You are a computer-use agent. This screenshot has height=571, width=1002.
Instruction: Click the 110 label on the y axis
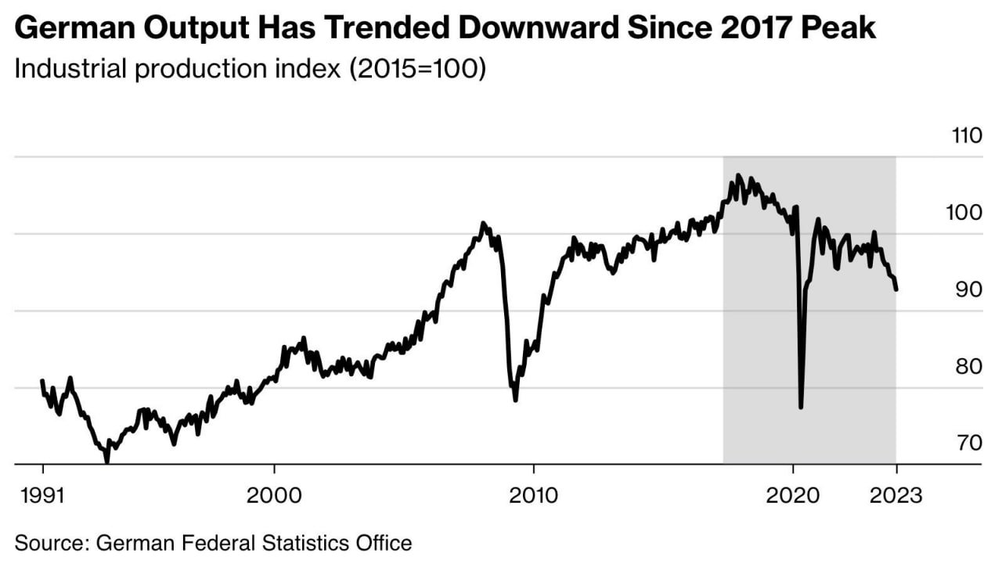[x=967, y=136]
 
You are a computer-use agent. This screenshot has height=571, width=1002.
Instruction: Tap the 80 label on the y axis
[x=967, y=366]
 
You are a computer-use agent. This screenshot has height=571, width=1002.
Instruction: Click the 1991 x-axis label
[x=42, y=495]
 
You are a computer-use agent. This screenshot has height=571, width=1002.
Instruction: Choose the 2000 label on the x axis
[x=274, y=495]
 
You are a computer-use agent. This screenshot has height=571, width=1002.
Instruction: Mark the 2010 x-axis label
[x=533, y=495]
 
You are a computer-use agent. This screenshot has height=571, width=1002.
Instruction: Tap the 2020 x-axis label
[x=793, y=495]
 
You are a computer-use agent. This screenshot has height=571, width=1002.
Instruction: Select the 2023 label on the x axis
[x=896, y=495]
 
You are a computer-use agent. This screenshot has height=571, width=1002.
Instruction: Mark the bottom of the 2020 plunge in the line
[x=801, y=407]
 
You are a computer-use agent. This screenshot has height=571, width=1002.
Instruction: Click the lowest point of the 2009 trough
[x=515, y=400]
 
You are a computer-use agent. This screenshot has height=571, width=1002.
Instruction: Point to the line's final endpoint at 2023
[x=896, y=289]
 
